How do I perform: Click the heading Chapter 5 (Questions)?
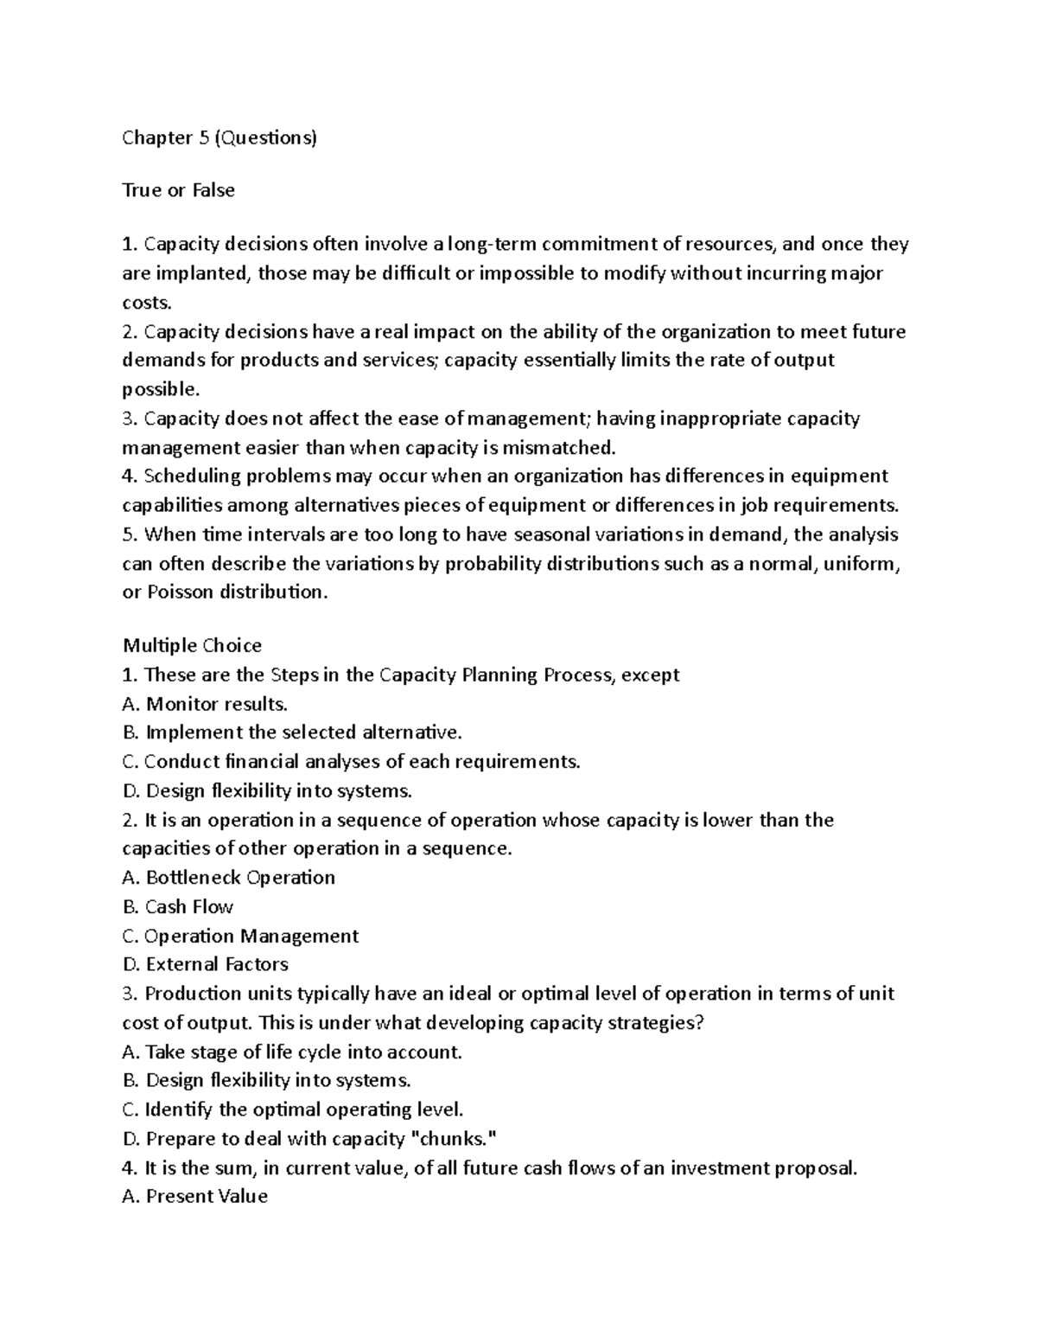click(x=219, y=137)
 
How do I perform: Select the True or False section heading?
click(x=178, y=190)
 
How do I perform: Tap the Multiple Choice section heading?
click(x=192, y=645)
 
